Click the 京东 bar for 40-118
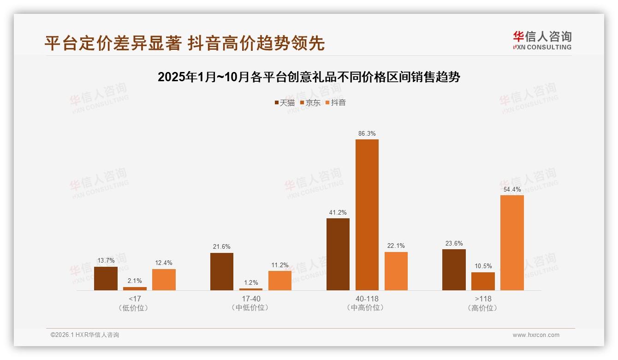367,215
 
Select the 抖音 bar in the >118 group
512,243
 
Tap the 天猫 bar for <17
106,278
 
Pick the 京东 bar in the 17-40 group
250,289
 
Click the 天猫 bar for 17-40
221,271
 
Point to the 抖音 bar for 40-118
396,271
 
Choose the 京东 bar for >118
483,281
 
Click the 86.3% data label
367,133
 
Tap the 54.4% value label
512,189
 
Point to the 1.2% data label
250,282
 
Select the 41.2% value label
338,212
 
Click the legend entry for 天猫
285,102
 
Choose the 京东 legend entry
310,102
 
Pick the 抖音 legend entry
336,102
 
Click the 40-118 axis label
367,299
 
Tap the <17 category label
135,299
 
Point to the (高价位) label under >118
482,308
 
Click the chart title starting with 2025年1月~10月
309,77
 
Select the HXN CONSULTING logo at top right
542,41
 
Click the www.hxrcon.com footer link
536,335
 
